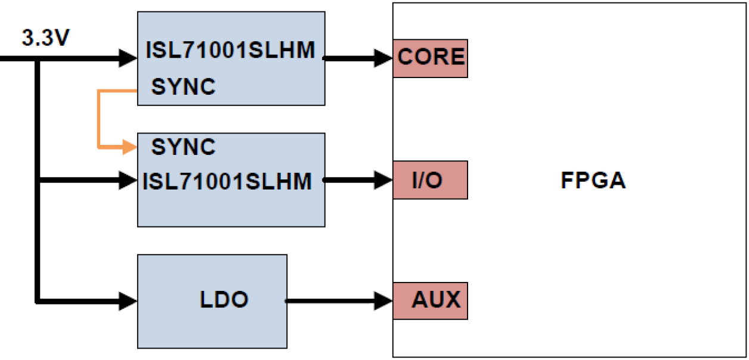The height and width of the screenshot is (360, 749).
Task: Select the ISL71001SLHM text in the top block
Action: (230, 51)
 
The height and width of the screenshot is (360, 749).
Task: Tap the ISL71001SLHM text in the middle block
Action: (227, 181)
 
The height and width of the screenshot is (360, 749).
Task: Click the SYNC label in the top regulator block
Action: (183, 87)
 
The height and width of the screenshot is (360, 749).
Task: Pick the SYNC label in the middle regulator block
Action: (183, 147)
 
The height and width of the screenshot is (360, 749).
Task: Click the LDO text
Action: (224, 300)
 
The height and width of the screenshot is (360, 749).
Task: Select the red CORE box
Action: (430, 58)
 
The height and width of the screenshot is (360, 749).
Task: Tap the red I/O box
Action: (430, 179)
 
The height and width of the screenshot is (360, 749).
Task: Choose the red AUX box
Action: (430, 300)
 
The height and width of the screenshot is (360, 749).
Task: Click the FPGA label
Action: (593, 181)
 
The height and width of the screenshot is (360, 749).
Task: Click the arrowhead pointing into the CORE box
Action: (384, 58)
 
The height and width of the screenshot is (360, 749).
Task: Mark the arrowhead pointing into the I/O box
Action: (384, 179)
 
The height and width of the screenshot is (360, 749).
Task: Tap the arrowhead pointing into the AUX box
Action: (384, 300)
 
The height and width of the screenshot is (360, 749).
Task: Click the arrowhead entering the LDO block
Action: (129, 300)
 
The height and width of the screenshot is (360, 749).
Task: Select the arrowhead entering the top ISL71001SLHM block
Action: (129, 58)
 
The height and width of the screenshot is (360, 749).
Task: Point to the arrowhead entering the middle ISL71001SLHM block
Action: (129, 179)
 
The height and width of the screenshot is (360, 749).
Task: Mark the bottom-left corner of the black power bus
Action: (38, 300)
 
